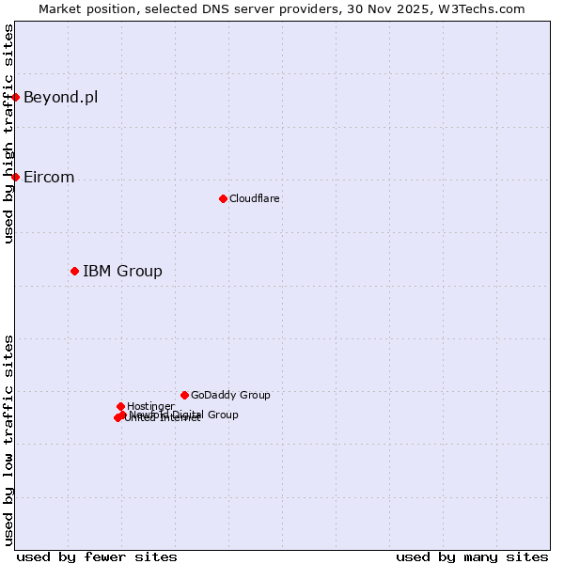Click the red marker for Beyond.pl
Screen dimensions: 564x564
coord(15,97)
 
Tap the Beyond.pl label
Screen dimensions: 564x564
coord(60,98)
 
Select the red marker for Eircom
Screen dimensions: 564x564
coord(15,177)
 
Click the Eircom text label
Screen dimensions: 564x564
coord(49,178)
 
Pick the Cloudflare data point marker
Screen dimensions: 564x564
coord(223,198)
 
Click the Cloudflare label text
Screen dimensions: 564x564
coord(254,199)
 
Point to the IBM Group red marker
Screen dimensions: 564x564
coord(74,271)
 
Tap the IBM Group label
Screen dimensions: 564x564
coord(122,272)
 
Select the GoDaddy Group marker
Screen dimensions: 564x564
coord(184,395)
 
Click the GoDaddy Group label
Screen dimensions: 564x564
coord(230,396)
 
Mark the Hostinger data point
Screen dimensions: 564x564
coord(120,406)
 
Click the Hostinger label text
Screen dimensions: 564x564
coord(150,406)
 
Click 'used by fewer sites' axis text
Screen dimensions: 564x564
coord(97,556)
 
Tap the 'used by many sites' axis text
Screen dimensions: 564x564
coord(472,556)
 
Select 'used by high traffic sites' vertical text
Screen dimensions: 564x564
coord(8,133)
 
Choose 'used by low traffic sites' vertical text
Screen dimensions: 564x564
coord(8,440)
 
